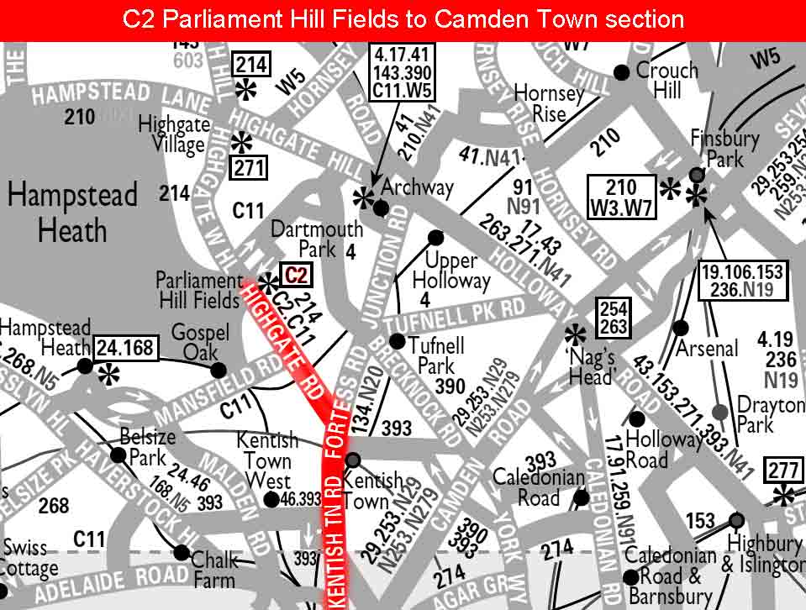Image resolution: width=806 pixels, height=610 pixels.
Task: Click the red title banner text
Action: pyautogui.click(x=403, y=19)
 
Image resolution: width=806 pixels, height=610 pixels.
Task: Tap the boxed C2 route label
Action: pyautogui.click(x=296, y=275)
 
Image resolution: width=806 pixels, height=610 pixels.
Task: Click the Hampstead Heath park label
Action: pyautogui.click(x=72, y=213)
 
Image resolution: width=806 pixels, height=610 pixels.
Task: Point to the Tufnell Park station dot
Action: pyautogui.click(x=397, y=340)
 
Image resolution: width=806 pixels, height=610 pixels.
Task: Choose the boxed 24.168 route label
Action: pyautogui.click(x=126, y=346)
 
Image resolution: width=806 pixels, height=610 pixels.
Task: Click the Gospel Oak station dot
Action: pyautogui.click(x=219, y=370)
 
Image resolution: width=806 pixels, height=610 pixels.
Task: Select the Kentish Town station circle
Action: pyautogui.click(x=353, y=460)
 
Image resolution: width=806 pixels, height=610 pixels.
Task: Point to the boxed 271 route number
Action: pyautogui.click(x=249, y=168)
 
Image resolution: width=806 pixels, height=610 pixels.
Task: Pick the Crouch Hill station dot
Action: pyautogui.click(x=621, y=72)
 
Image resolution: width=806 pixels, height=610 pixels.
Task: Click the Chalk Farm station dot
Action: pyautogui.click(x=182, y=552)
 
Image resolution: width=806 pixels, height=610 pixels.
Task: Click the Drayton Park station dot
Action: pyautogui.click(x=720, y=412)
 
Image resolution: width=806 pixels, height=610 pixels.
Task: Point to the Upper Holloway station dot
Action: pyautogui.click(x=435, y=238)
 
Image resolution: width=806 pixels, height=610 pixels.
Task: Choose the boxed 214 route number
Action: pyautogui.click(x=251, y=64)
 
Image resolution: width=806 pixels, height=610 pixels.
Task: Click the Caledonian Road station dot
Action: pyautogui.click(x=581, y=497)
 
